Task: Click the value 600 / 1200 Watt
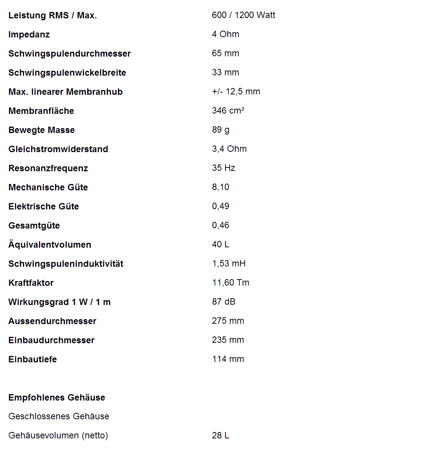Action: [x=243, y=15]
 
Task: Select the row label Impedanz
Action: [x=29, y=34]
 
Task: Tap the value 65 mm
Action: [x=225, y=53]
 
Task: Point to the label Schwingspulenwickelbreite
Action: [x=67, y=73]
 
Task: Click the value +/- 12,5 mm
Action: [x=236, y=91]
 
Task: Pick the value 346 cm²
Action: [x=228, y=111]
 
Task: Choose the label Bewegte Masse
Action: [x=42, y=130]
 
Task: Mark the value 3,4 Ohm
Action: [x=229, y=149]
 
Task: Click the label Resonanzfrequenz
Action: [x=48, y=168]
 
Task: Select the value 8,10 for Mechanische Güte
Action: [x=221, y=187]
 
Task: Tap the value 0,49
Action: [x=221, y=206]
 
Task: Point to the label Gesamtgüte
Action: [x=34, y=226]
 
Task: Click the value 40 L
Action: [x=221, y=244]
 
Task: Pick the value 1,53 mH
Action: [x=229, y=263]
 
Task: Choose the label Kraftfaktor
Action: [x=31, y=283]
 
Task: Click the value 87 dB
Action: [x=224, y=302]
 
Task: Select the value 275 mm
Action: [x=228, y=321]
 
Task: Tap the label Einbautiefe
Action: [x=33, y=359]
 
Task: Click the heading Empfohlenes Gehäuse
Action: [x=57, y=398]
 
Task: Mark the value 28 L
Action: [x=221, y=435]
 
